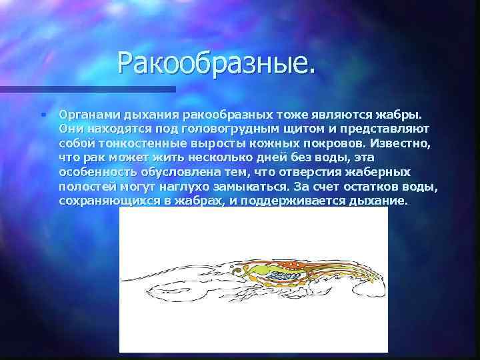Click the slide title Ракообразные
tap(215, 64)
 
